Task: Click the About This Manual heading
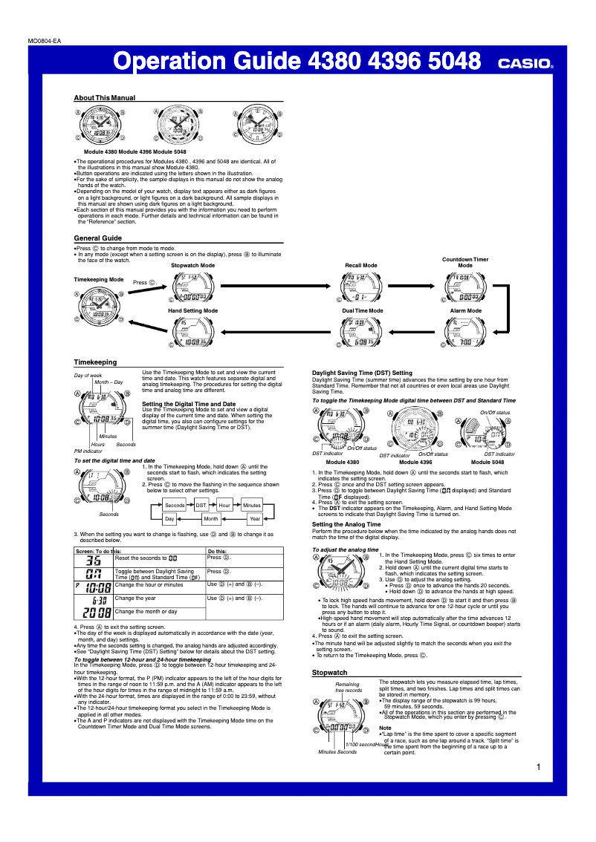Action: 105,98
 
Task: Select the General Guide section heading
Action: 98,238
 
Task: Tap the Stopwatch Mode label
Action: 192,265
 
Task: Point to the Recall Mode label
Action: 361,265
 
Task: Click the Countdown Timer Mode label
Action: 465,262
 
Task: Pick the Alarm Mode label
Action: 465,310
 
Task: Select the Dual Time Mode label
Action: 363,310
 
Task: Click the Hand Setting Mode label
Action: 192,310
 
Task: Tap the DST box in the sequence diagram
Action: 201,505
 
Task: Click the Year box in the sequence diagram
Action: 255,519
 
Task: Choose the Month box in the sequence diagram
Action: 211,519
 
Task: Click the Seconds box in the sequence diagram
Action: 175,505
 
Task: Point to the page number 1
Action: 537,767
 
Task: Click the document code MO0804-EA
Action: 45,41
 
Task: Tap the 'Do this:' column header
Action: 218,552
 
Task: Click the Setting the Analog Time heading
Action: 346,524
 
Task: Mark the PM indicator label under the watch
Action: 88,451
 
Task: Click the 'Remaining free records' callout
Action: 348,687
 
